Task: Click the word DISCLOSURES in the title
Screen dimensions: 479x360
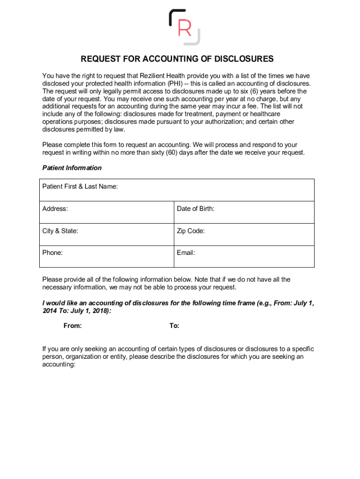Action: [x=244, y=59]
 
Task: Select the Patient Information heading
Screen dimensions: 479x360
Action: [x=72, y=168]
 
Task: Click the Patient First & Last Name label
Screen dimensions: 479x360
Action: [x=80, y=187]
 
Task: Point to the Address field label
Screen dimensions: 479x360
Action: [x=55, y=209]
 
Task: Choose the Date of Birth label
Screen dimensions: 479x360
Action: [x=195, y=209]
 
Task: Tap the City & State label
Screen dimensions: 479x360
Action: [x=60, y=231]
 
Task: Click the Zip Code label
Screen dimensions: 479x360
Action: [x=190, y=231]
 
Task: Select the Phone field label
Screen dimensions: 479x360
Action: [x=52, y=253]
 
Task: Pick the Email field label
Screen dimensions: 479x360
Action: [x=186, y=253]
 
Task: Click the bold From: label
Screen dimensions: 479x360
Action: [x=72, y=326]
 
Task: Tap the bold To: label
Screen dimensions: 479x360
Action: [x=174, y=326]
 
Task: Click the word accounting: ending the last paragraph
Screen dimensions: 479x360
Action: [x=58, y=364]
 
